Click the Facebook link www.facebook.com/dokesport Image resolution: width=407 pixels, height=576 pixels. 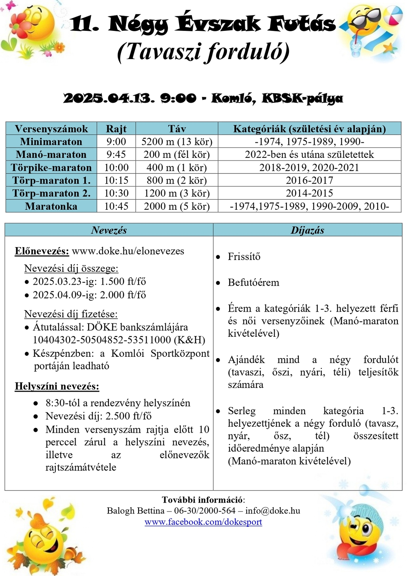203,522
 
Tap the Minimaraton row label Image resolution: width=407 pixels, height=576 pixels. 51,142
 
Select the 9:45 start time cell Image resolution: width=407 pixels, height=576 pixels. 116,154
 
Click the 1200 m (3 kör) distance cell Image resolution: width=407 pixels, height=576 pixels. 177,193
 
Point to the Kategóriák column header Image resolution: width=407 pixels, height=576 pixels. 309,129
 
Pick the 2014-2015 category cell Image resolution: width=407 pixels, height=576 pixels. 309,193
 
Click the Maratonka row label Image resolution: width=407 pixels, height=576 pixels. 51,206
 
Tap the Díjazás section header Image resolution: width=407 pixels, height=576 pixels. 307,230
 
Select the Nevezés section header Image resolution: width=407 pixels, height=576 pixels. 109,230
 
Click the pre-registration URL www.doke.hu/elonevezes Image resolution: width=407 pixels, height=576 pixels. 128,251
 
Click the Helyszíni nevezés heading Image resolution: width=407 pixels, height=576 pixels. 57,386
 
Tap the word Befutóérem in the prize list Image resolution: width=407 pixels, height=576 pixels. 253,282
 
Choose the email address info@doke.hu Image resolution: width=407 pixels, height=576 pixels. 273,510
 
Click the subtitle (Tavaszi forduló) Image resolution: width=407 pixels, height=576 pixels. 203,52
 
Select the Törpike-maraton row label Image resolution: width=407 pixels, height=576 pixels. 51,167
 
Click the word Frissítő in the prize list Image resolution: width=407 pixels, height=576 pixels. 244,256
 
